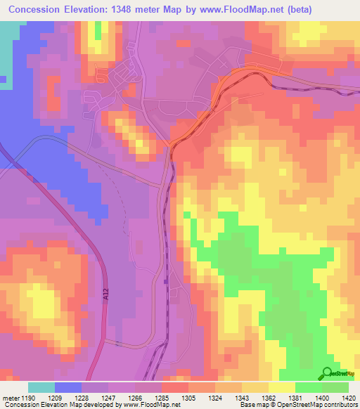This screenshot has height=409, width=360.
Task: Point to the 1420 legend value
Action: pyautogui.click(x=349, y=397)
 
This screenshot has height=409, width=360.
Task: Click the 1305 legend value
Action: pyautogui.click(x=189, y=397)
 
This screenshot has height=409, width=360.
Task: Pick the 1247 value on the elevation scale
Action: pyautogui.click(x=109, y=397)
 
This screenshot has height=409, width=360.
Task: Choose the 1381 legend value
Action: pyautogui.click(x=296, y=397)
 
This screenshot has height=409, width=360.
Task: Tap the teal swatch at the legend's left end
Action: pyautogui.click(x=41, y=387)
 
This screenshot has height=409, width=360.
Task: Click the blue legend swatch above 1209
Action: pyautogui.click(x=68, y=387)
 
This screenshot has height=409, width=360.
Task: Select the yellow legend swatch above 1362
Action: pyautogui.click(x=282, y=387)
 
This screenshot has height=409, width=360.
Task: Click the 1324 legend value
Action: pyautogui.click(x=216, y=397)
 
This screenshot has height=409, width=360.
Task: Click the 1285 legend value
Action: pyautogui.click(x=162, y=397)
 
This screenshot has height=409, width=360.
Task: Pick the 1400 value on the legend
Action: pyautogui.click(x=323, y=397)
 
